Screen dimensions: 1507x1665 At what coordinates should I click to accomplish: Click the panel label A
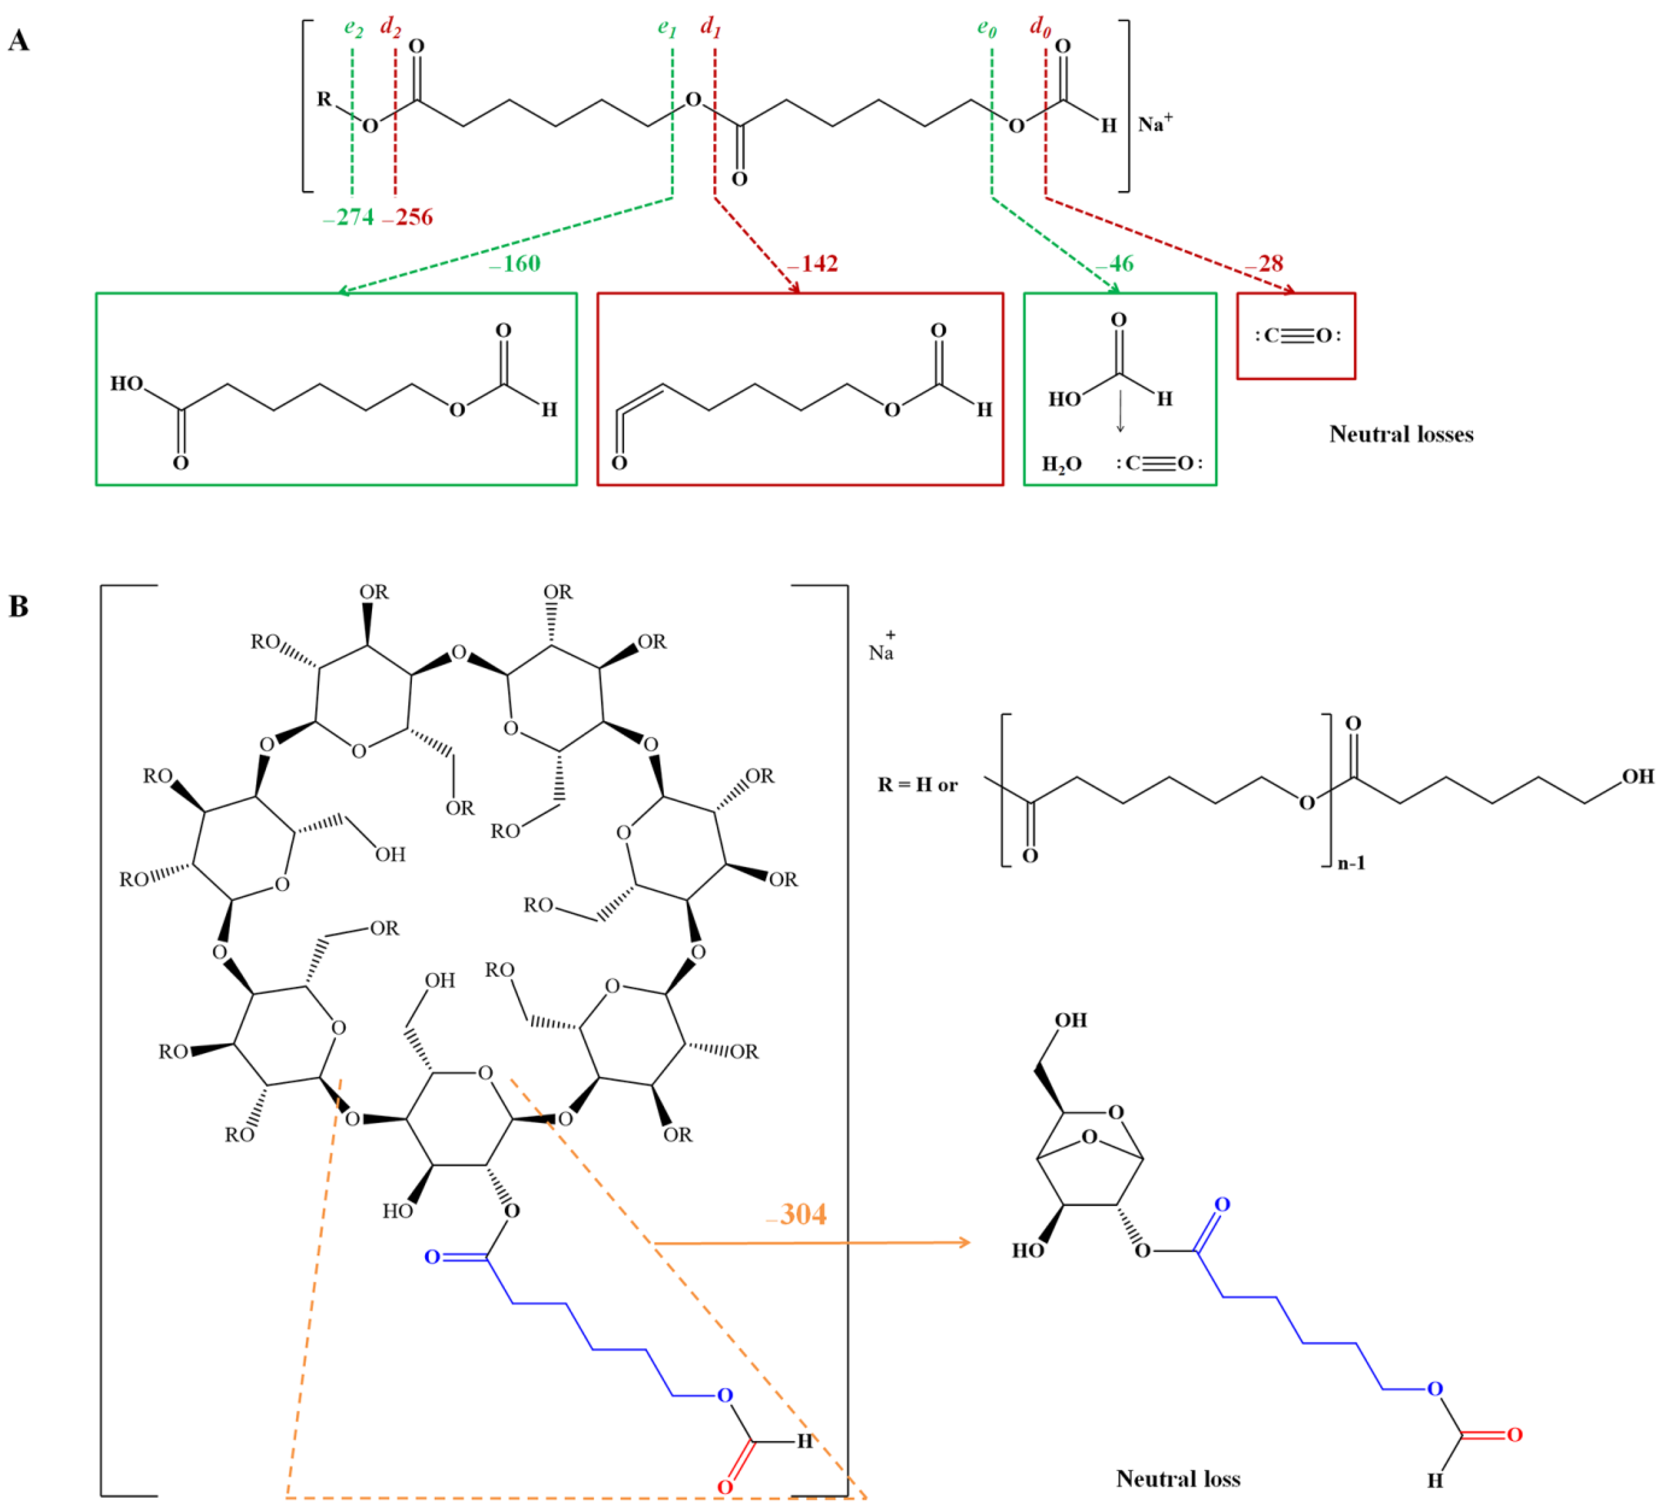[x=18, y=41]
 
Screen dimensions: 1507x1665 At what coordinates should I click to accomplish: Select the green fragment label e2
[x=354, y=28]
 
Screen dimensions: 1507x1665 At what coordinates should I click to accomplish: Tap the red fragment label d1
[x=710, y=28]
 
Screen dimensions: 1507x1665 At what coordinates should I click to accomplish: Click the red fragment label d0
[x=1040, y=28]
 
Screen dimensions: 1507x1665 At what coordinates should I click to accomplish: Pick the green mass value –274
[x=349, y=217]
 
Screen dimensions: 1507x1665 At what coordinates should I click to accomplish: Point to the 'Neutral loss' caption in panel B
[x=1178, y=1478]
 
